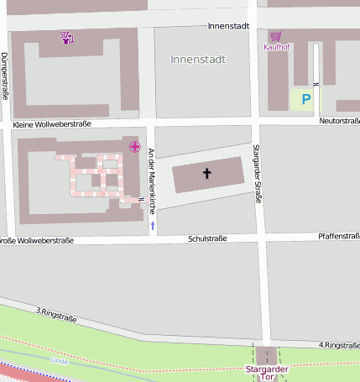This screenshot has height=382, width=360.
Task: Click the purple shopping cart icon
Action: [275, 36]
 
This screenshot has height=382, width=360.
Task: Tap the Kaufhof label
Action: [276, 47]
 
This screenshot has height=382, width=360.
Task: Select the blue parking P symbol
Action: [306, 99]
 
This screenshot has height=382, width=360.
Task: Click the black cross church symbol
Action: [207, 174]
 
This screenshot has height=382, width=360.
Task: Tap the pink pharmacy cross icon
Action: [134, 147]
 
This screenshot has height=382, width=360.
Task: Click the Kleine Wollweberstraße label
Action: [52, 124]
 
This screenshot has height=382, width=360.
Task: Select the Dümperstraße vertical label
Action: [5, 76]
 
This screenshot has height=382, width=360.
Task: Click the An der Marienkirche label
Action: [151, 175]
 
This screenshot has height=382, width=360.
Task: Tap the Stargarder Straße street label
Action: [258, 174]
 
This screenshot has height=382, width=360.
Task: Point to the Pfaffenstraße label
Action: [339, 237]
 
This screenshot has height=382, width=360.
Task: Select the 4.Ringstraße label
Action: [339, 345]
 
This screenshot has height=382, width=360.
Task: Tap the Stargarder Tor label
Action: [266, 374]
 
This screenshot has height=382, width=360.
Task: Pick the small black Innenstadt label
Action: [228, 26]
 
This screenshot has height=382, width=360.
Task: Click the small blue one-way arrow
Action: [152, 226]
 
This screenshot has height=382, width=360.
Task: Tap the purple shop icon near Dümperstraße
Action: [66, 37]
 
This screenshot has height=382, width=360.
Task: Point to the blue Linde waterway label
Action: [59, 361]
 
